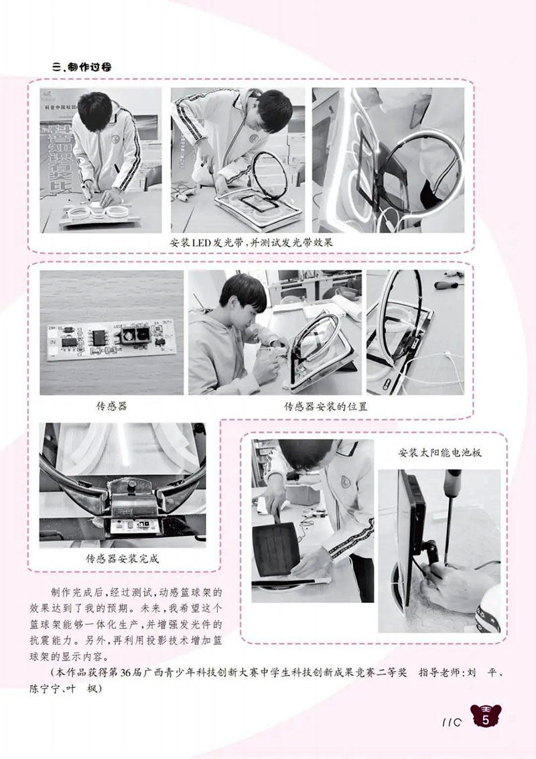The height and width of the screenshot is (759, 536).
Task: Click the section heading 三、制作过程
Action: [81, 66]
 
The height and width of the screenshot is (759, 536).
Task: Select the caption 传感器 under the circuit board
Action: [111, 406]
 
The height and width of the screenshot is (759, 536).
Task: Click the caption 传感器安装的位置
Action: [326, 407]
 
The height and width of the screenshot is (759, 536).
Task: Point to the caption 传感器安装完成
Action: [122, 559]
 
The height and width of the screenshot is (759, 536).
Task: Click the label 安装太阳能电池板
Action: [440, 453]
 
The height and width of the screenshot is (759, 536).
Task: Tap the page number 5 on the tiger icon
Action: [486, 719]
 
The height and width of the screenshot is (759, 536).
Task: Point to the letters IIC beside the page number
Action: [452, 722]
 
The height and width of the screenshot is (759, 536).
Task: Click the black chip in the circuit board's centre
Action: [99, 336]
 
